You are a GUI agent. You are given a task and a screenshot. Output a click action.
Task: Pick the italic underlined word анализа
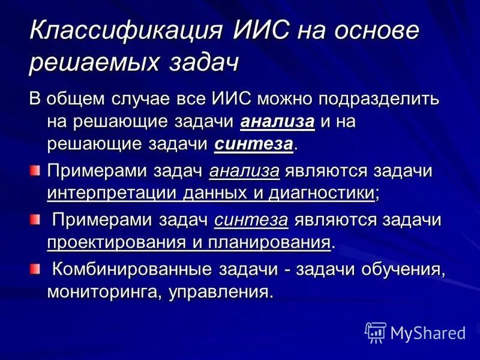[x=244, y=171]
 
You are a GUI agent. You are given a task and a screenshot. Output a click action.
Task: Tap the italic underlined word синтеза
[x=251, y=220]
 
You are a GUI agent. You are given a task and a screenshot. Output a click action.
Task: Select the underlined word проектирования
[x=115, y=243]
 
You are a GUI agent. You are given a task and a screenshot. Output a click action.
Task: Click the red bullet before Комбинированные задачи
[x=35, y=268]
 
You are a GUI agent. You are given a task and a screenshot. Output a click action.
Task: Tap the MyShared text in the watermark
[x=428, y=332]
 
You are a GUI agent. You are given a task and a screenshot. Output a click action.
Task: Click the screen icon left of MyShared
[x=375, y=332]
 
